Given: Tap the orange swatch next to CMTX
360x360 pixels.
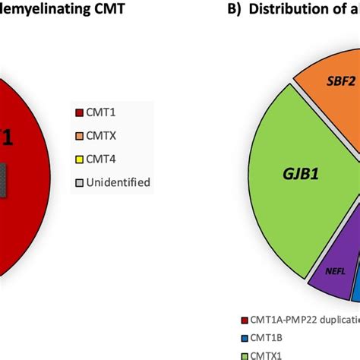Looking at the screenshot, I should coord(103,137).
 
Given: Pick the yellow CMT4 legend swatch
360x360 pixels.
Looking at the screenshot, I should coord(103,159).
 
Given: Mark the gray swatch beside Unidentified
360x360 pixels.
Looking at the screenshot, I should coord(103,182).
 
